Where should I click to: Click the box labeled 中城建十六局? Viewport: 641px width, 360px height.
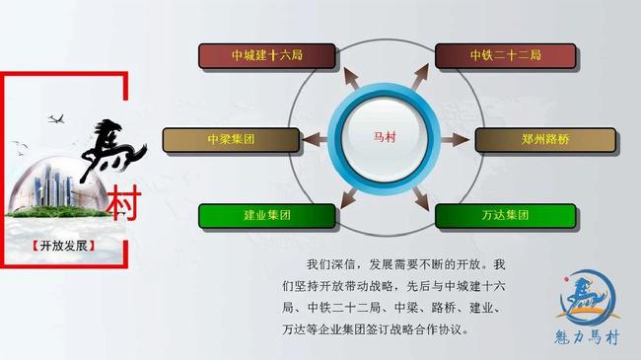pyautogui.click(x=266, y=55)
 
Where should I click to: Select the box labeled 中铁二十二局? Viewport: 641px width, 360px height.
pyautogui.click(x=502, y=55)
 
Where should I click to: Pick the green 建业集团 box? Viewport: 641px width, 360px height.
pyautogui.click(x=266, y=214)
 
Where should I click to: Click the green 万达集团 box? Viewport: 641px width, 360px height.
pyautogui.click(x=502, y=214)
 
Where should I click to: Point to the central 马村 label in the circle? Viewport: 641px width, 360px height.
pyautogui.click(x=384, y=137)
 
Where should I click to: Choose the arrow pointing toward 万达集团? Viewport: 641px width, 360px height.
pyautogui.click(x=422, y=197)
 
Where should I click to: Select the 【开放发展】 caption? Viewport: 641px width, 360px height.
pyautogui.click(x=64, y=245)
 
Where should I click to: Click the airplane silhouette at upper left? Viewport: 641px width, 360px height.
pyautogui.click(x=56, y=119)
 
